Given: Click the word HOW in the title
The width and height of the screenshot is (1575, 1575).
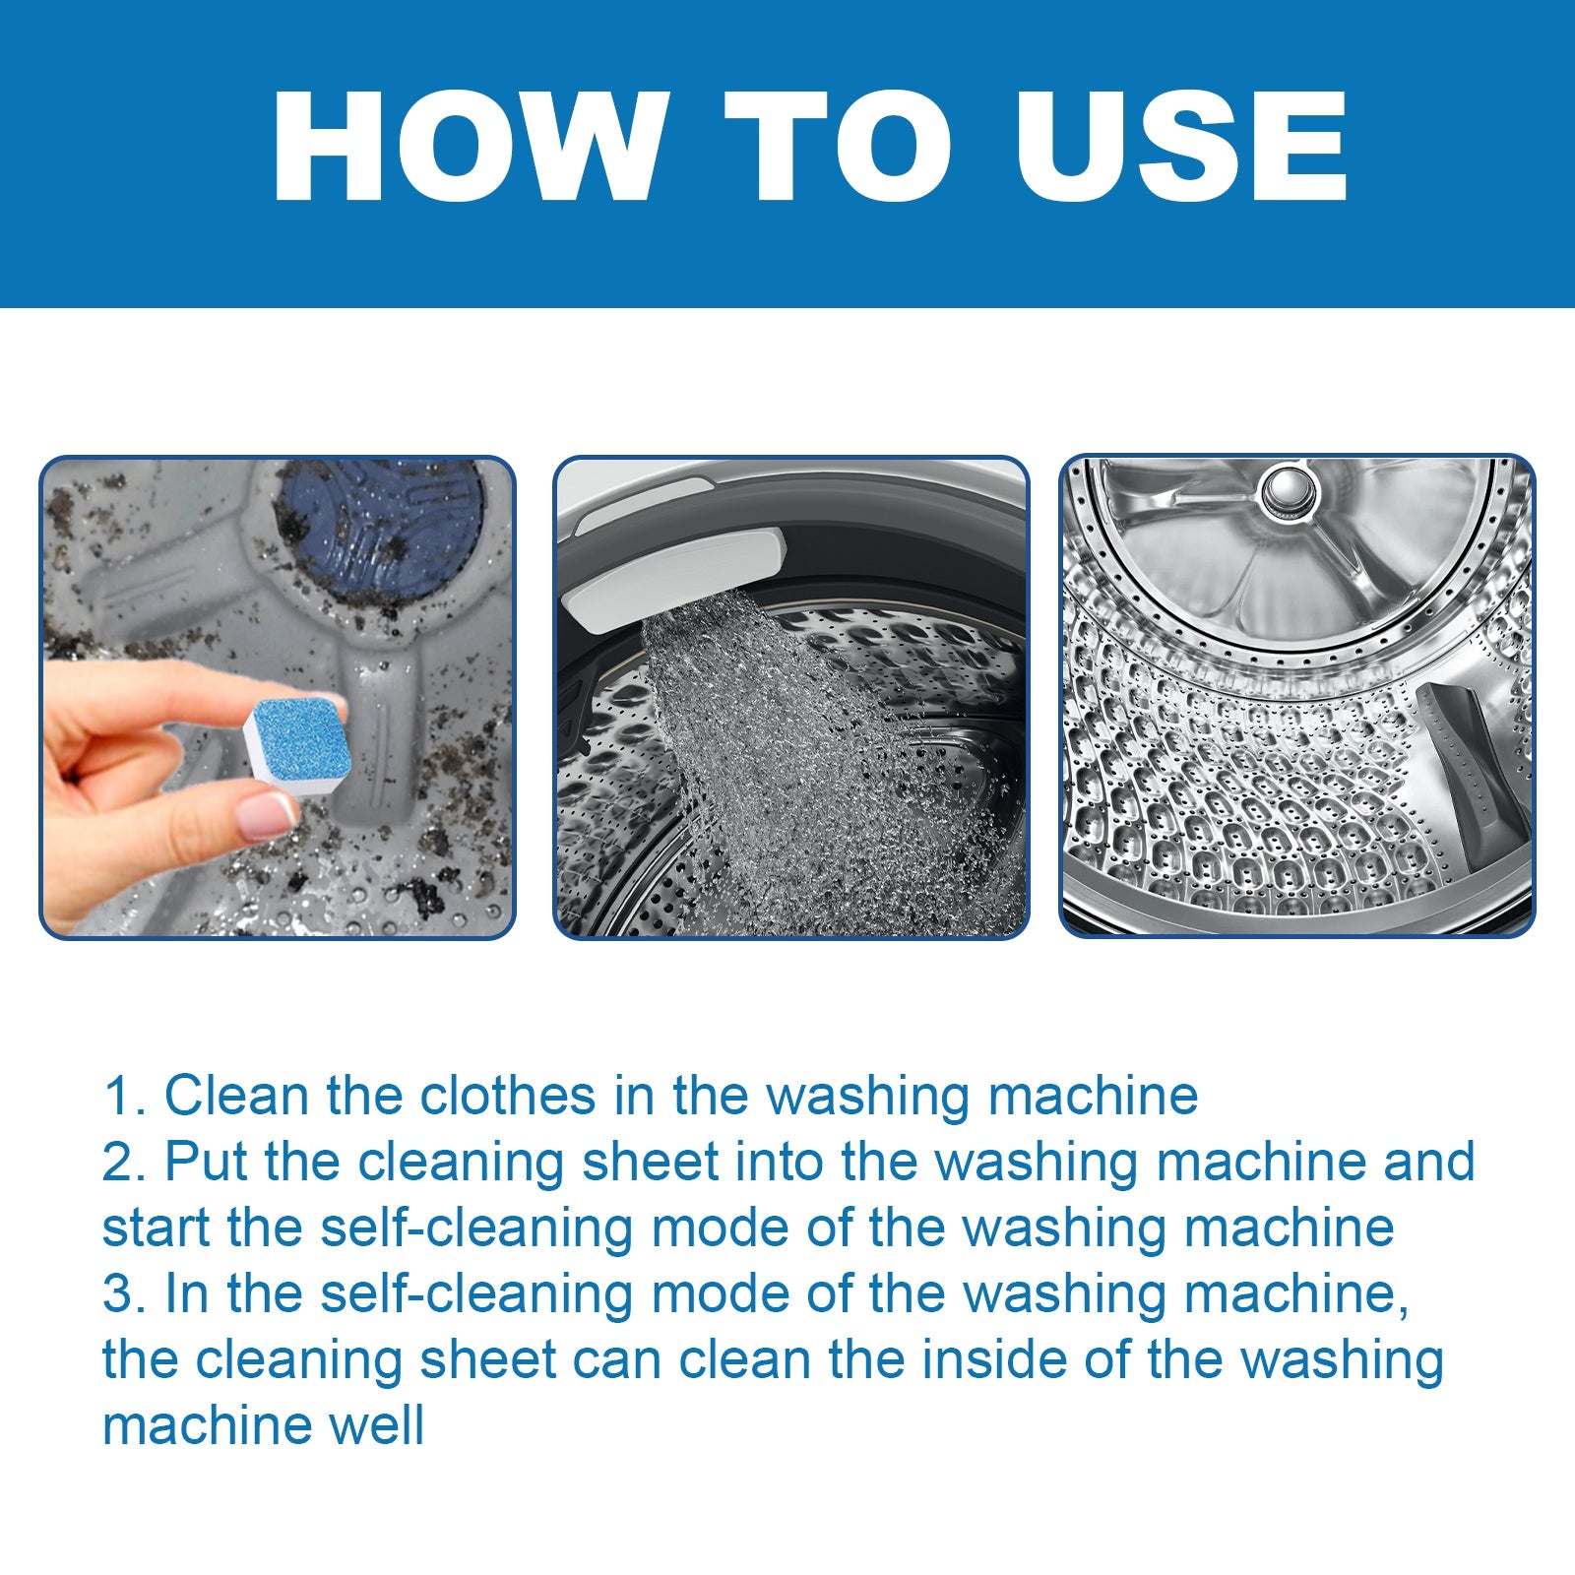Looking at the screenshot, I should [x=468, y=148].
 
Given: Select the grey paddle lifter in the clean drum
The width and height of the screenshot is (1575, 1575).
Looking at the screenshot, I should [x=1467, y=768].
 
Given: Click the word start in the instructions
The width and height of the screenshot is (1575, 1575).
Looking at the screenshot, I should [x=156, y=1228].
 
